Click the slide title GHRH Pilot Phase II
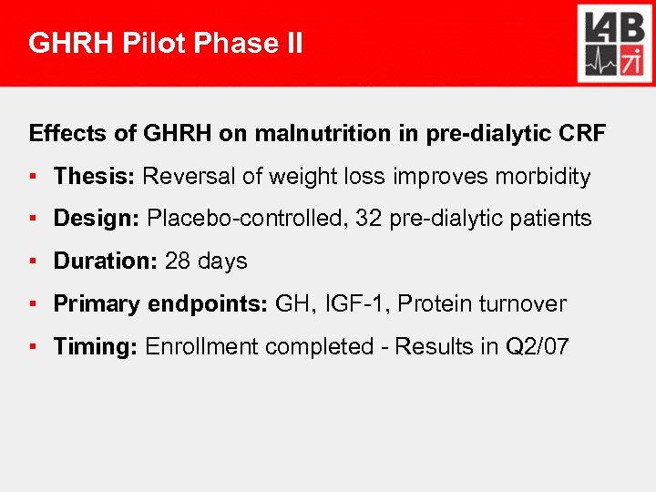pos(166,44)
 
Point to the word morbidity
pos(545,177)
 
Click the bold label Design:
pos(97,219)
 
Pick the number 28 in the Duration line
pos(178,261)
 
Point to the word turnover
pos(524,304)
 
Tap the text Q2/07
pos(538,347)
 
